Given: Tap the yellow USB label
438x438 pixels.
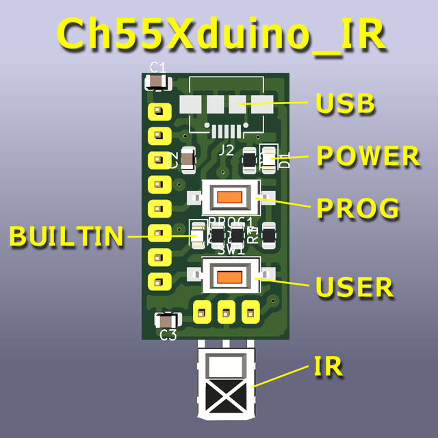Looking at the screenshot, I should (346, 104).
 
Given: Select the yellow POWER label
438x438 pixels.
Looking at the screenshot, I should (368, 156).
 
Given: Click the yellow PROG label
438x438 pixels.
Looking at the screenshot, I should (357, 208).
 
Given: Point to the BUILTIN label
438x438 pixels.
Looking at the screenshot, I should (66, 236).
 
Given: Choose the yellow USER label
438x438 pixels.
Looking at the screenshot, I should (355, 287).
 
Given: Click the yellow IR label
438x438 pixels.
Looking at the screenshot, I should (328, 367).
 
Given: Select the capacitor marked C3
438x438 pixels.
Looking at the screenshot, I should (167, 320).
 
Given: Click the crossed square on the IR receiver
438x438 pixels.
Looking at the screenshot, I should (225, 396).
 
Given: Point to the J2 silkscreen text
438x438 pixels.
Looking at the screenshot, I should (226, 149).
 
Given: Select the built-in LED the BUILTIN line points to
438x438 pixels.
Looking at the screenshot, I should (198, 235).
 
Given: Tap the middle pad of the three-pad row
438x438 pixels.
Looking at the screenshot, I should (225, 311).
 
